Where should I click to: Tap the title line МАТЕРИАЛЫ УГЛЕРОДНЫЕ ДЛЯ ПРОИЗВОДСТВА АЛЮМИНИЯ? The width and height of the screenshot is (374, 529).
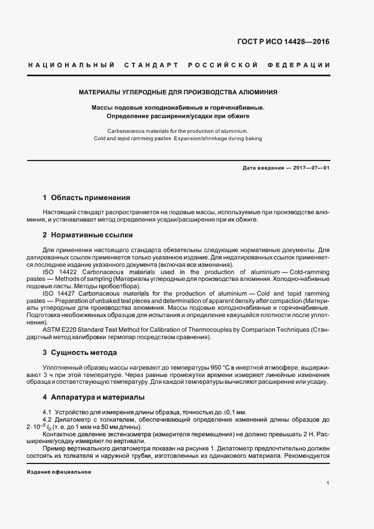click(x=178, y=92)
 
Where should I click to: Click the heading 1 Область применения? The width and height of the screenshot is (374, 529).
click(x=87, y=198)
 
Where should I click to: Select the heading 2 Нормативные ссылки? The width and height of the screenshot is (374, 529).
click(x=88, y=235)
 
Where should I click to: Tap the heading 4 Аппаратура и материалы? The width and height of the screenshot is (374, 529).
click(x=93, y=397)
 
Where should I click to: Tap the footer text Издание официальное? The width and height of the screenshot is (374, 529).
click(x=59, y=471)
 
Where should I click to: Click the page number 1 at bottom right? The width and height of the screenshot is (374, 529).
click(x=328, y=483)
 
